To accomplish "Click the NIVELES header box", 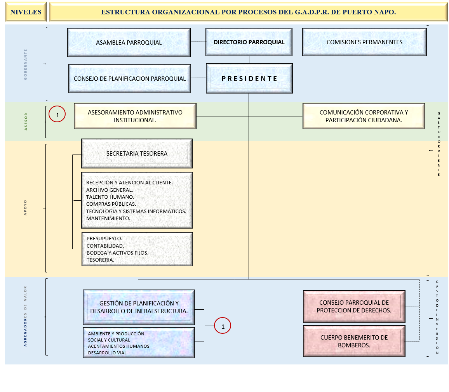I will coord(26,12).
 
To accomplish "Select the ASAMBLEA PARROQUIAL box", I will coord(129,42).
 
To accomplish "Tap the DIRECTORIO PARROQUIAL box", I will coord(249,42).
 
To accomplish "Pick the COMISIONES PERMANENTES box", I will coord(364,42).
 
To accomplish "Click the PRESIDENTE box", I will coord(249,79).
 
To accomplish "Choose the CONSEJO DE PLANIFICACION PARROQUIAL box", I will coord(130,79).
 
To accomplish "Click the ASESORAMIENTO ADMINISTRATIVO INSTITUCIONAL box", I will coord(135,116).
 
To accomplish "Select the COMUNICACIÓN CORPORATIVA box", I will coord(364,116).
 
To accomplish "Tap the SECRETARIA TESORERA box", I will coord(137,154).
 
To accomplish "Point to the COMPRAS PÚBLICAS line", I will coord(111,204).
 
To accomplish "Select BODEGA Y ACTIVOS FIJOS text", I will coord(117,253).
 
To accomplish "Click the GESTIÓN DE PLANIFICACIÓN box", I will coord(139,307).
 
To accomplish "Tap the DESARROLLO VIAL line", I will coord(107,353).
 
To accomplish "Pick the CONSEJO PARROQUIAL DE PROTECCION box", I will coord(354,306).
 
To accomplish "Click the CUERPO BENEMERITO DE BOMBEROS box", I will coord(354,341).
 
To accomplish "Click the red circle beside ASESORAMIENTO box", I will coord(57,115).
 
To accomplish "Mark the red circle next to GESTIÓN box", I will coord(223,326).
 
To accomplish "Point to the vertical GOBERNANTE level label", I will coord(26,64).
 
